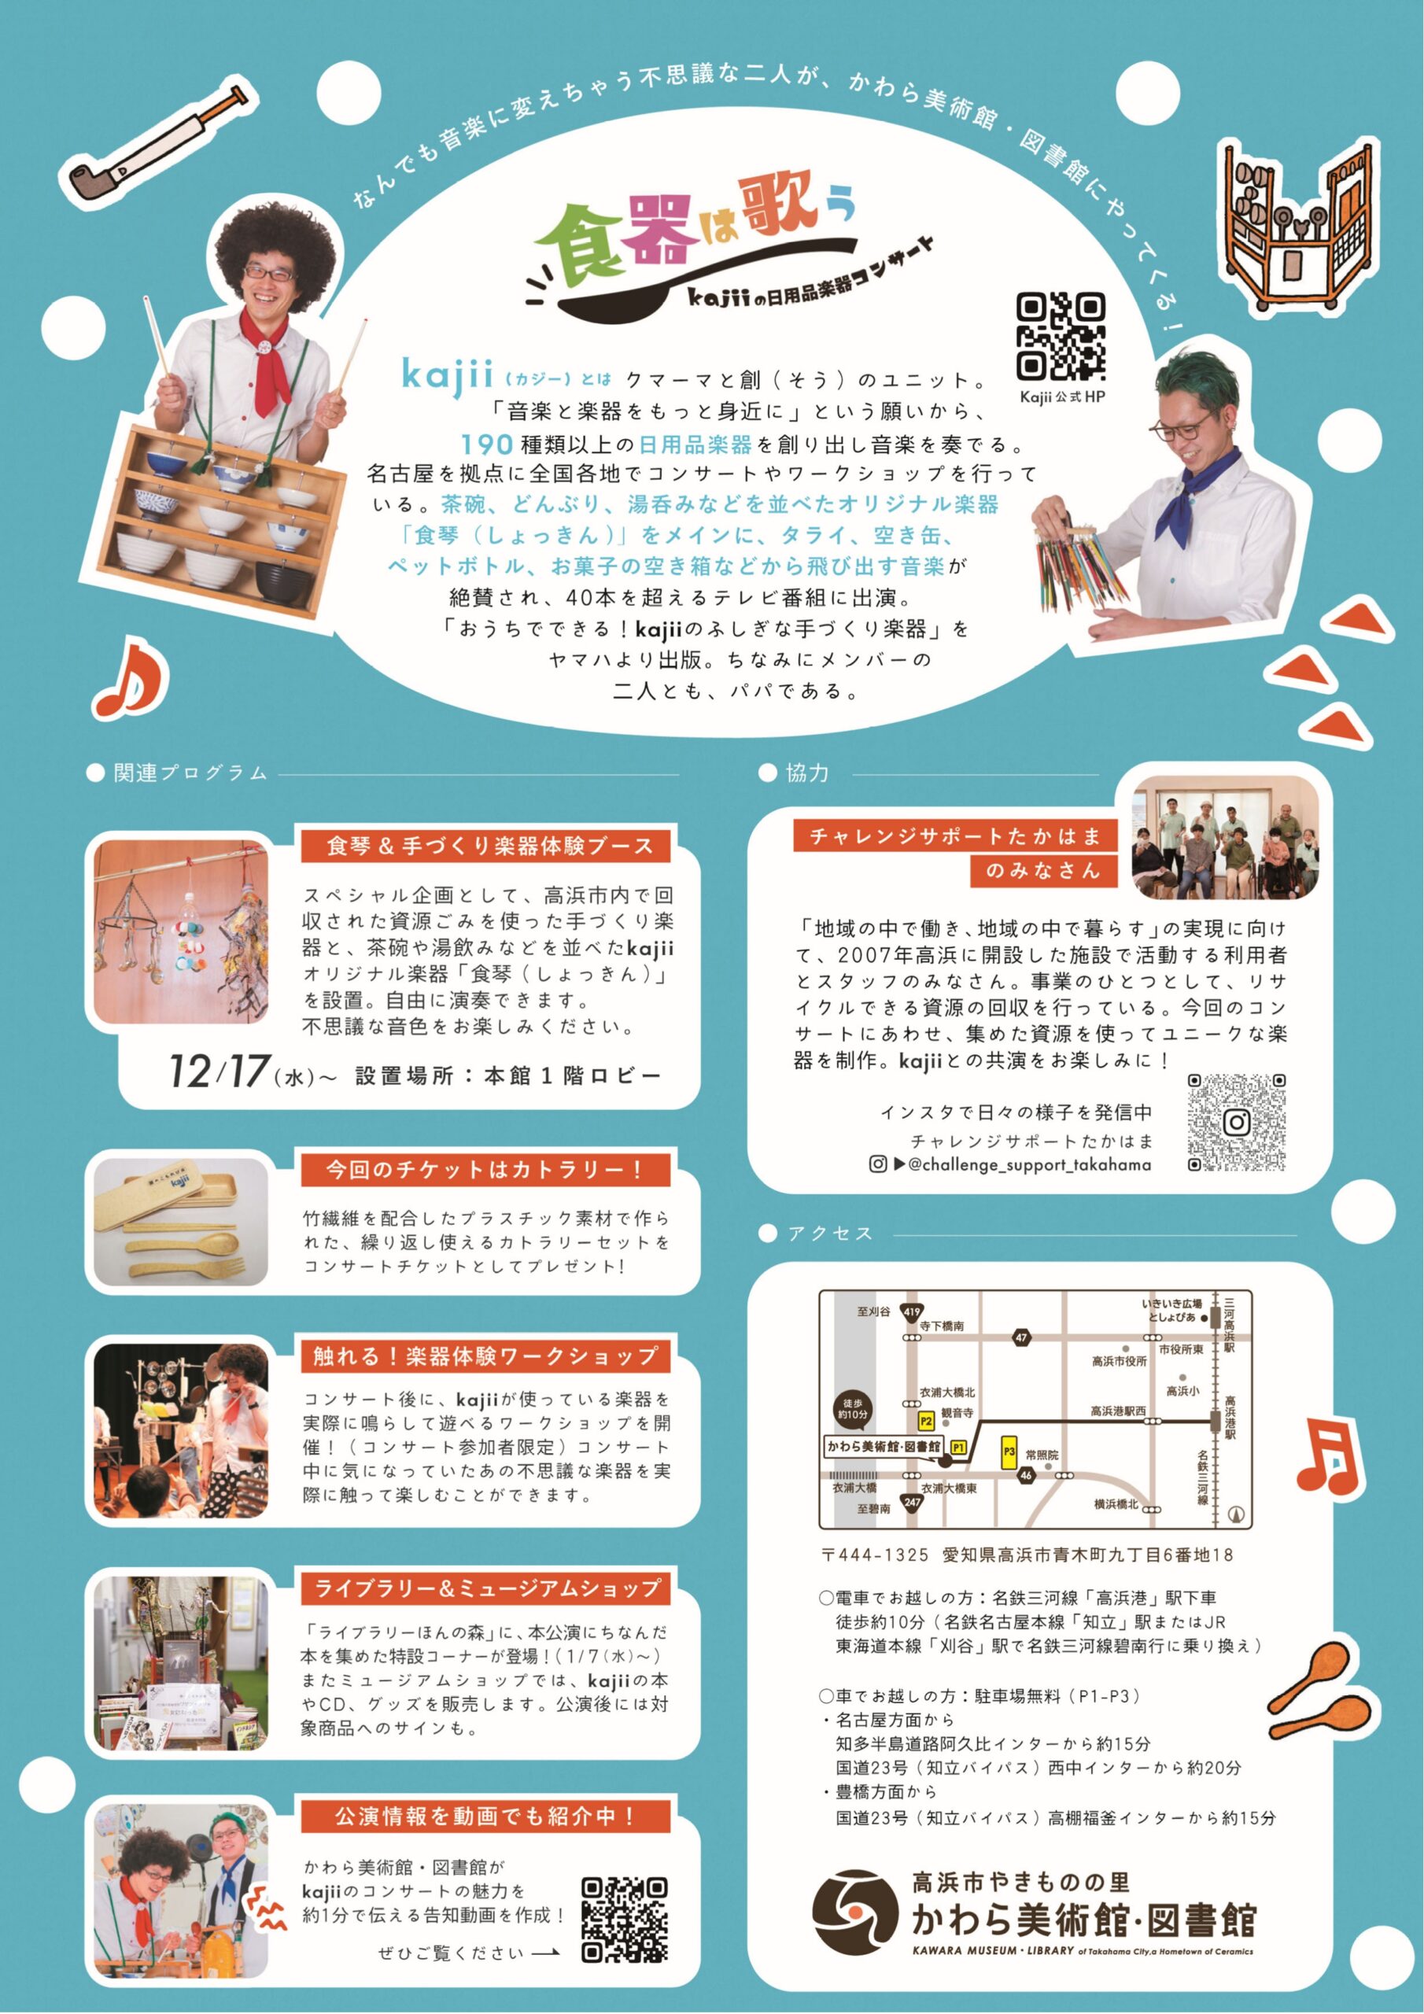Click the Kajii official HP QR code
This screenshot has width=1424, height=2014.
click(1061, 336)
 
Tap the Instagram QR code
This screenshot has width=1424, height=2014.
click(1236, 1122)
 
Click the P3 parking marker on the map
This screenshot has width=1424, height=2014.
click(1009, 1451)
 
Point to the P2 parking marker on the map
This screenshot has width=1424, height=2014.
click(926, 1420)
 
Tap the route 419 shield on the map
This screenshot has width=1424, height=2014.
click(912, 1312)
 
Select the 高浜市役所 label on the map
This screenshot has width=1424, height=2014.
click(1119, 1360)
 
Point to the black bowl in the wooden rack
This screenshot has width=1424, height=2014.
click(283, 578)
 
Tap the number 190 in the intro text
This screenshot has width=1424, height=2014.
click(487, 443)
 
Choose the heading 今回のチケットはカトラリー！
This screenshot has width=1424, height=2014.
click(485, 1169)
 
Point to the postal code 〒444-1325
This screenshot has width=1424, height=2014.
click(875, 1555)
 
